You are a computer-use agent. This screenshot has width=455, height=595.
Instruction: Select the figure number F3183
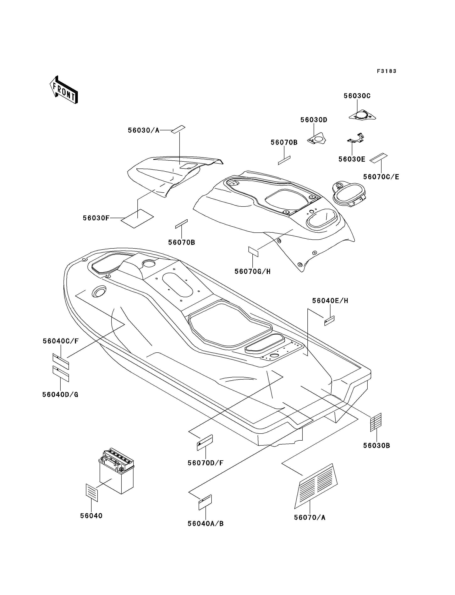point(387,71)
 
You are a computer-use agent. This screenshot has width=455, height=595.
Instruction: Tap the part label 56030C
point(357,96)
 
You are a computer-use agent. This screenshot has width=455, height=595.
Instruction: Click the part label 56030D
point(314,120)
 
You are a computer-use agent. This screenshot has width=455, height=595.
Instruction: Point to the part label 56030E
point(352,159)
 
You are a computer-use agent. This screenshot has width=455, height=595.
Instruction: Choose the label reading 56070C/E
point(381,177)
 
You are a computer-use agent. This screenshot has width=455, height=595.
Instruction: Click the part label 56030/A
point(144,131)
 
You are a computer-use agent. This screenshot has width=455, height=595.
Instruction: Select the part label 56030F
point(96,218)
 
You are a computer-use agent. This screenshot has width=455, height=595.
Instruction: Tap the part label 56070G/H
point(252,271)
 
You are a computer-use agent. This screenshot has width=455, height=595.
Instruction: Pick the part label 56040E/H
point(330,301)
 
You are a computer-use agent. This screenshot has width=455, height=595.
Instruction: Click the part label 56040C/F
point(61,341)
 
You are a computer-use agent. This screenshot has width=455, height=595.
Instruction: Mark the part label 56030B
point(377,446)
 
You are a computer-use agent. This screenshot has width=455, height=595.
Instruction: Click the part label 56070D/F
point(205,463)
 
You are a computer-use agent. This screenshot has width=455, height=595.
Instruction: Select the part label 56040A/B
point(205,524)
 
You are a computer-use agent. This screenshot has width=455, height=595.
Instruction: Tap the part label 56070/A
point(309,518)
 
